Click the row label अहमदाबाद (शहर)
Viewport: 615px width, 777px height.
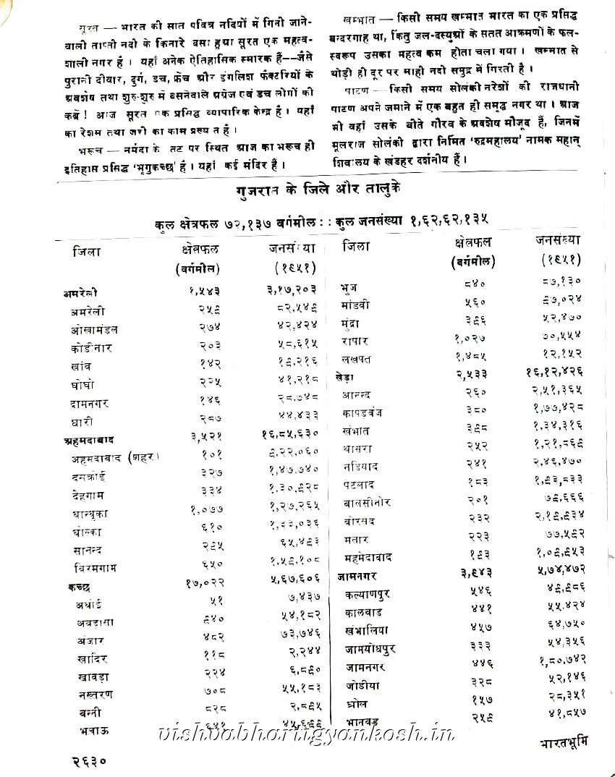(114, 458)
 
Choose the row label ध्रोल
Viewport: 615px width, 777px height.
(357, 702)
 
